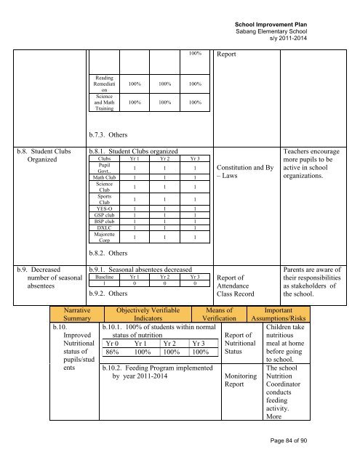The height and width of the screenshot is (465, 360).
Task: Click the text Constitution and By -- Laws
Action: point(245,171)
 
